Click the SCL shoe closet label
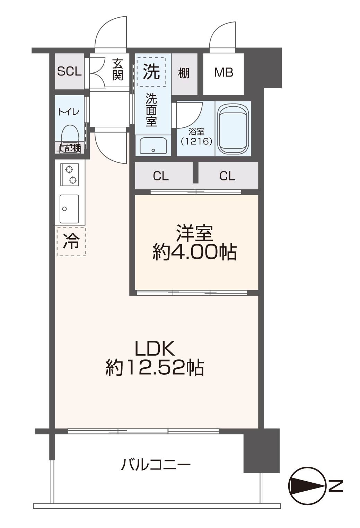tap(69, 71)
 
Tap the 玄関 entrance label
tap(117, 70)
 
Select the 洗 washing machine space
tap(151, 72)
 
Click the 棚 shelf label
tap(184, 73)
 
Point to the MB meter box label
tap(223, 72)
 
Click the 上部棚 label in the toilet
tap(69, 148)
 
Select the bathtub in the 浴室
tap(233, 128)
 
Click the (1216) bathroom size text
tap(196, 141)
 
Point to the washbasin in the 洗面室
tap(153, 145)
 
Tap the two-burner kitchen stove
tap(70, 174)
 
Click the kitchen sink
tap(69, 209)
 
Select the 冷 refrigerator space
tap(71, 242)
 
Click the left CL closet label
tap(161, 176)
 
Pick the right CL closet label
tap(227, 176)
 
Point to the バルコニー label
tap(156, 465)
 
